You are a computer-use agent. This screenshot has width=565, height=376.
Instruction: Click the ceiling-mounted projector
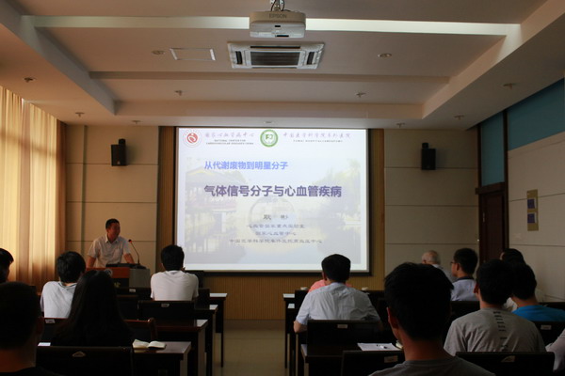click(x=277, y=23)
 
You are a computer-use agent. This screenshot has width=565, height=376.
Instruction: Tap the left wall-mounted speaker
click(x=119, y=152)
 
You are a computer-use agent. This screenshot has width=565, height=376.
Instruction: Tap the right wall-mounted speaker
click(x=428, y=156)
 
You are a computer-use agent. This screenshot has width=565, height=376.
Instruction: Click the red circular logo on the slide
click(x=192, y=138)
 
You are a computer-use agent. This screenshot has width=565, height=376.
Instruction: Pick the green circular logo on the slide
click(x=268, y=138)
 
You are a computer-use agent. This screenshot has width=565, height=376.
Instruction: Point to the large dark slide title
click(x=272, y=191)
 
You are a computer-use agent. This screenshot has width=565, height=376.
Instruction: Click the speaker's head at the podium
click(x=112, y=227)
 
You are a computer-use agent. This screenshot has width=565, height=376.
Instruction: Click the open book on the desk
click(x=148, y=345)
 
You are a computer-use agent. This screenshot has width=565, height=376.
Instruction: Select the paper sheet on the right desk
click(x=379, y=346)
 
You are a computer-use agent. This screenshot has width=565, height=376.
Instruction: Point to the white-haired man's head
click(x=431, y=258)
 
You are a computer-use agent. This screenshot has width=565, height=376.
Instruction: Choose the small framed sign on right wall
click(x=532, y=210)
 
